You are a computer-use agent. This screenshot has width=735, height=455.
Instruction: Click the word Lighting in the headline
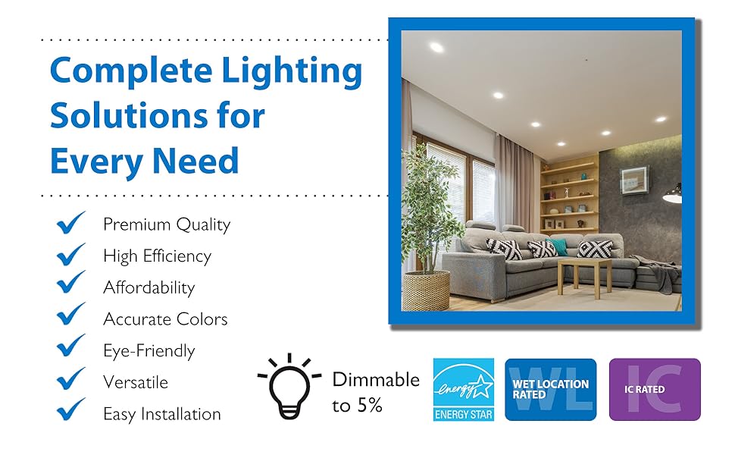[x=292, y=72]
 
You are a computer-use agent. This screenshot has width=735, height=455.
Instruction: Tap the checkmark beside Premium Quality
[x=70, y=222]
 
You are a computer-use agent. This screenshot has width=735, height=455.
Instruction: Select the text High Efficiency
[x=157, y=256]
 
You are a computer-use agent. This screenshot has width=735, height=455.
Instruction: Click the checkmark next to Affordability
[x=70, y=282]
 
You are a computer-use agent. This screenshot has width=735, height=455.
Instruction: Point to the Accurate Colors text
[x=165, y=319]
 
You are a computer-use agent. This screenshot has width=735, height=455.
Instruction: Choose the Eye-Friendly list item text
[x=149, y=351]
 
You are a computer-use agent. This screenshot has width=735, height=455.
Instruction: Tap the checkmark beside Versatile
[x=70, y=378]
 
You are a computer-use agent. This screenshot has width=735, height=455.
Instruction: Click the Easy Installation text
[x=161, y=414]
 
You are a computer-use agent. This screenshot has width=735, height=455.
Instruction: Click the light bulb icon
[x=289, y=387]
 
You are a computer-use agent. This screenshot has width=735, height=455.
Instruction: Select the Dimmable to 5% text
[x=376, y=392]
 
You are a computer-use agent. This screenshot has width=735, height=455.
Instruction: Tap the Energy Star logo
[x=464, y=390]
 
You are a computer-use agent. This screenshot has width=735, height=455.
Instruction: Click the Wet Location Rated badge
[x=550, y=390]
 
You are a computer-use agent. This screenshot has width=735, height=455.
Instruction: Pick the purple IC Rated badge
[x=655, y=390]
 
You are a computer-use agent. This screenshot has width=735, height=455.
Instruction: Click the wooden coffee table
[x=584, y=276]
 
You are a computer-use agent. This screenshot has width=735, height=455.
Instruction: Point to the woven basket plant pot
[x=427, y=291]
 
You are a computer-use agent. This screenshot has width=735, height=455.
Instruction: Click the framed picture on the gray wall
[x=635, y=180]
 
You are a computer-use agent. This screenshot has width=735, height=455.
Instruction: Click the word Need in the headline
[x=195, y=161]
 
